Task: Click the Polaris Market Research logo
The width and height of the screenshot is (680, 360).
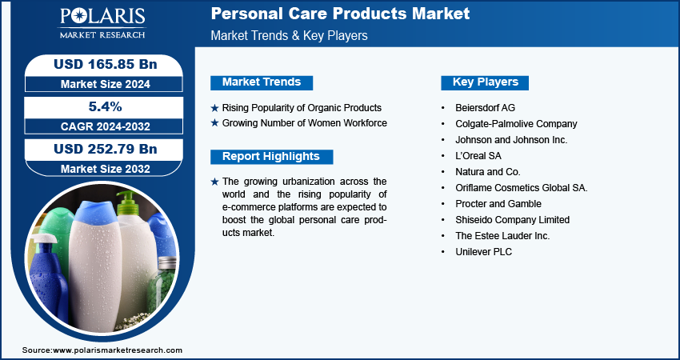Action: (x=102, y=22)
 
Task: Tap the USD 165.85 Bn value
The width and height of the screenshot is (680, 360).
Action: (x=105, y=64)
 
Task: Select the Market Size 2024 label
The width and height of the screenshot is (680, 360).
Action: (x=105, y=84)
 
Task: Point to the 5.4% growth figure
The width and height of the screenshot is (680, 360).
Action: (x=106, y=106)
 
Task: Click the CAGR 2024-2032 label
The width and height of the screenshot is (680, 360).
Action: (x=105, y=126)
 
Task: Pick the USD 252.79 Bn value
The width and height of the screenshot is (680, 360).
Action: (x=105, y=149)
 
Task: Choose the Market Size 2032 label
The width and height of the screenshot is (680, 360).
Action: (x=105, y=169)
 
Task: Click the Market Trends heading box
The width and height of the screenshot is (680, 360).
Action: (x=262, y=82)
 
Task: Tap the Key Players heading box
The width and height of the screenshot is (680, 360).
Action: (x=485, y=82)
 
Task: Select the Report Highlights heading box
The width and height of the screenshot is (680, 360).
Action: (x=271, y=157)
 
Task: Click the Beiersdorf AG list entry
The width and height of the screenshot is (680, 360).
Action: (x=486, y=107)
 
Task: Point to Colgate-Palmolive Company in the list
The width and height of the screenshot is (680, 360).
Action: (x=516, y=124)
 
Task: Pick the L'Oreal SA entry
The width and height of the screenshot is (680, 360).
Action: (x=478, y=156)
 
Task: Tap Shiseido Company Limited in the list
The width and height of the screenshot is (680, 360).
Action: (x=512, y=220)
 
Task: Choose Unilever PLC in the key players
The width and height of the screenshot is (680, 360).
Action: (x=483, y=251)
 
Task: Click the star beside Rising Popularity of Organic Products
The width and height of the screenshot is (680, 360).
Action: (x=214, y=108)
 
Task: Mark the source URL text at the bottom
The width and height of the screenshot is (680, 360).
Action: (x=102, y=350)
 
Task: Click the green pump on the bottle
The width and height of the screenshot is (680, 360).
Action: (x=127, y=203)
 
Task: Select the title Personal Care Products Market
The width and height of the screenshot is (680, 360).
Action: (x=341, y=14)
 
